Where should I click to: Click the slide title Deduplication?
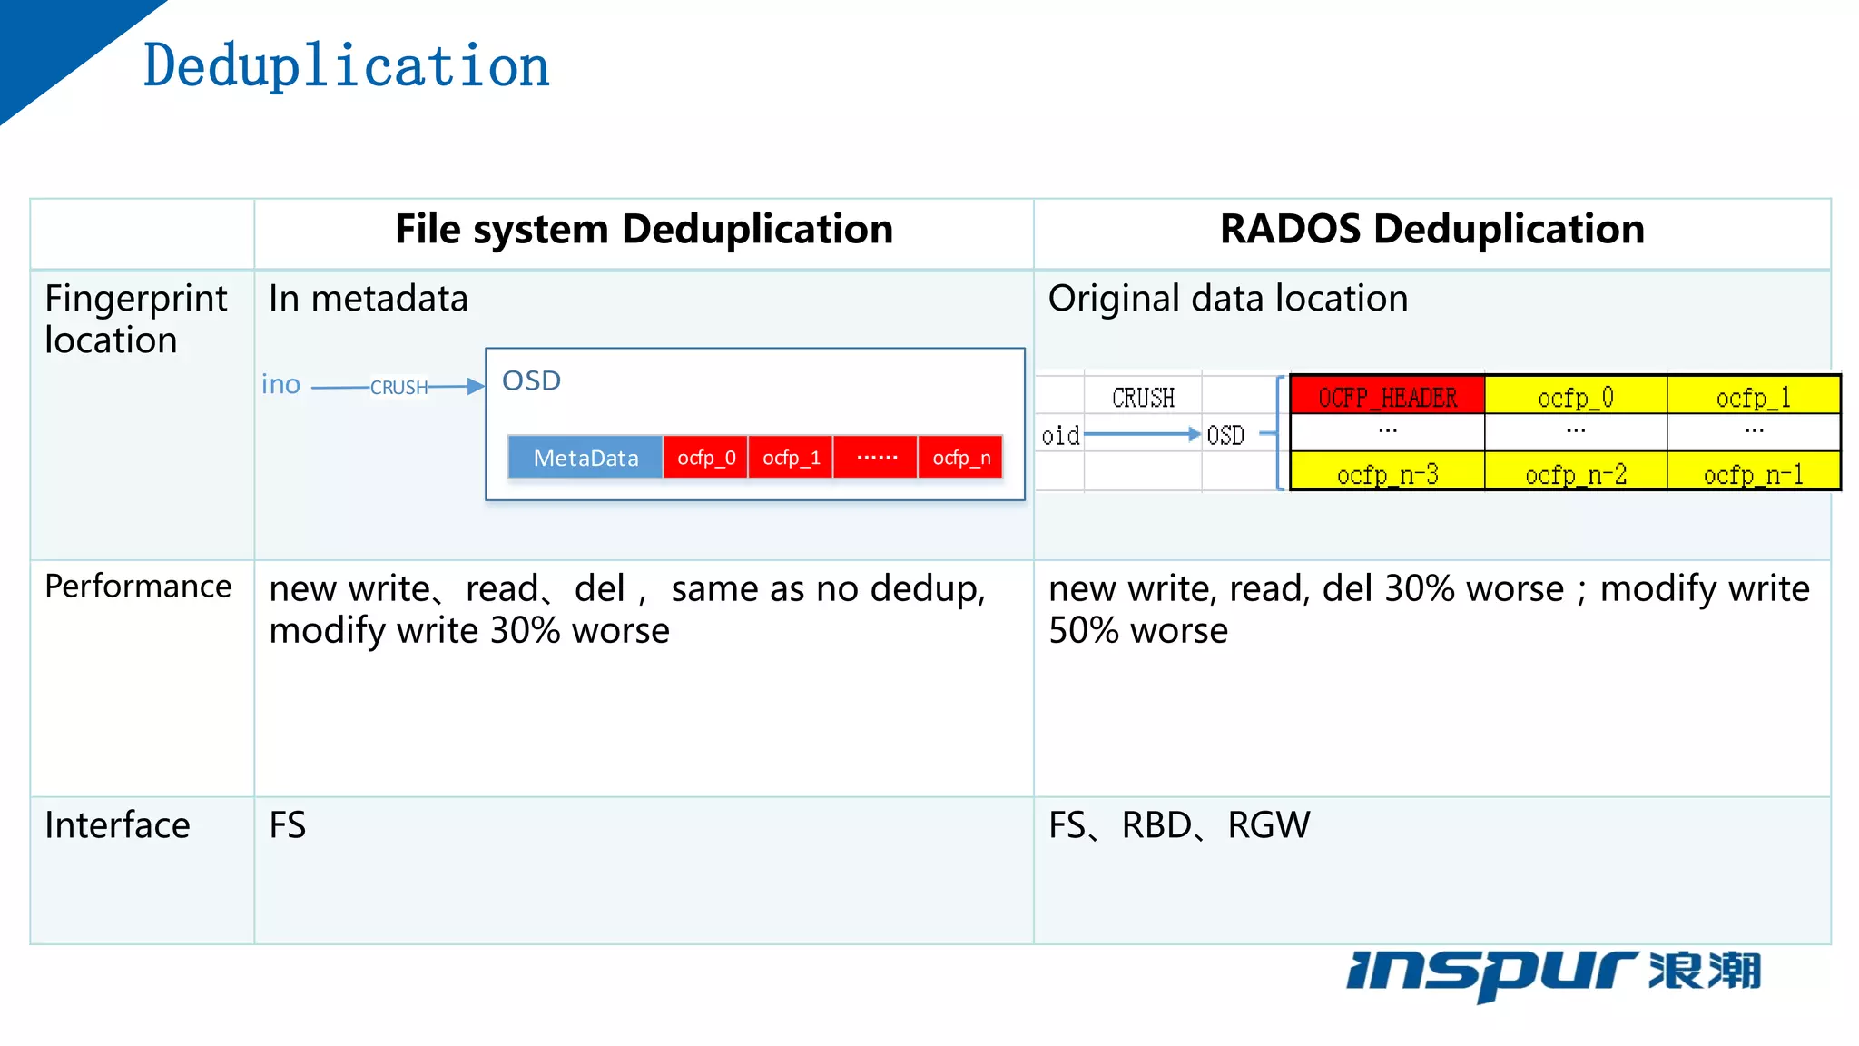[346, 66]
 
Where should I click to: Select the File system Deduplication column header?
[644, 230]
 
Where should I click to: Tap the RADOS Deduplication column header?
[1431, 230]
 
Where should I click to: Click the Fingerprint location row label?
[135, 319]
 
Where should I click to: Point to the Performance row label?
[138, 587]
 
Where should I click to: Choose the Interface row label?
[117, 825]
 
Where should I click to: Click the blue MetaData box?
[585, 458]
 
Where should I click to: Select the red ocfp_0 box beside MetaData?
[706, 458]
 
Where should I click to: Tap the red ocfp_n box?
[961, 458]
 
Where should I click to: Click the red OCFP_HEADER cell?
[1387, 397]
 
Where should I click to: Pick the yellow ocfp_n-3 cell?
[1387, 473]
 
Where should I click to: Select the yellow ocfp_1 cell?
[1753, 397]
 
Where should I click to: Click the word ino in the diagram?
[280, 385]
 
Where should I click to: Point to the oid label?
[1060, 436]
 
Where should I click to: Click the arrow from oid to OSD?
[1142, 435]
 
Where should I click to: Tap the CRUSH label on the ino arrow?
[398, 388]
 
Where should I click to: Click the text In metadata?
[369, 299]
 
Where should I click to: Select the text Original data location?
[1228, 299]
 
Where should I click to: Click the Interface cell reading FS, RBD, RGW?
[1179, 825]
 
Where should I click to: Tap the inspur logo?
[1553, 973]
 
